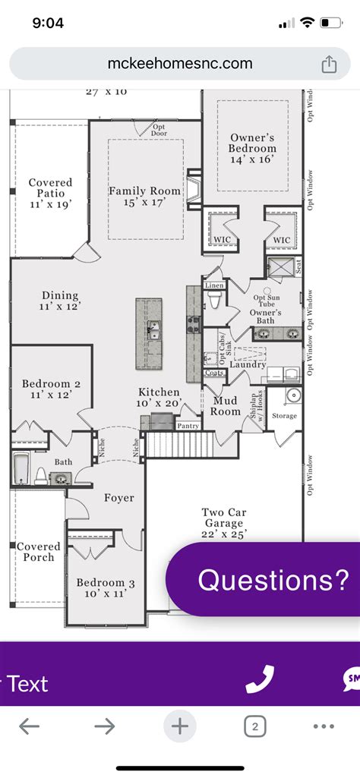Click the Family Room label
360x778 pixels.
click(146, 197)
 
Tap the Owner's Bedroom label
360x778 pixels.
click(253, 149)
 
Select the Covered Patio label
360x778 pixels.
click(50, 194)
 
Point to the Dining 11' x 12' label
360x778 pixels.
click(59, 301)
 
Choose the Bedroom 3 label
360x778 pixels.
click(106, 588)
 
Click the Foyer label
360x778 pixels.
click(119, 498)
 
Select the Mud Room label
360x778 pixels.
click(226, 406)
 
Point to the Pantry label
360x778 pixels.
click(188, 427)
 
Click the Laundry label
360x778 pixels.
click(248, 365)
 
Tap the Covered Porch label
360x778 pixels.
click(38, 552)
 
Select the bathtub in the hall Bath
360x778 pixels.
click(21, 468)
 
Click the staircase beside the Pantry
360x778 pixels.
click(172, 443)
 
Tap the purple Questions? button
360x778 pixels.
click(273, 580)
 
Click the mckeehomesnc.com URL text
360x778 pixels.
click(179, 64)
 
